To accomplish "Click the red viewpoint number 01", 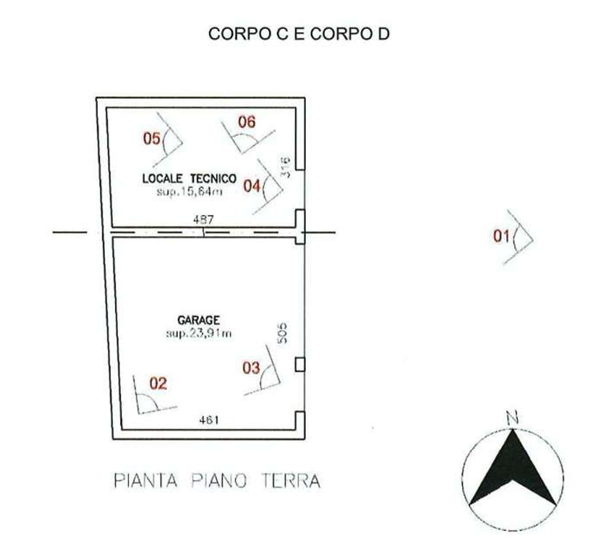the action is tap(502, 236).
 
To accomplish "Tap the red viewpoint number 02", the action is tap(158, 383).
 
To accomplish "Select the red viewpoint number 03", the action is tap(251, 368).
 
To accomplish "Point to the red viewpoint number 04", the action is tap(252, 186).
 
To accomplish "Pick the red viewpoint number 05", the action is tap(151, 138).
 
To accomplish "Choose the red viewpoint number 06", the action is tap(247, 122).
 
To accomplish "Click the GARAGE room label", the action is tap(199, 320).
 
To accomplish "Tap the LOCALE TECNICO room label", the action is tap(189, 179).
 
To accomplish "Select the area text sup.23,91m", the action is tap(199, 333).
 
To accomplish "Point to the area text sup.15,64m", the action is tap(189, 192).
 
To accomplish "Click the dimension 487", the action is tap(203, 219).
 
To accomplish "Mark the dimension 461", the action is tap(209, 420).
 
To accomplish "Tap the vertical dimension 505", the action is tap(283, 333).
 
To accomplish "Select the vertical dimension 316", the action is tap(286, 167).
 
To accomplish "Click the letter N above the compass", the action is tap(512, 418).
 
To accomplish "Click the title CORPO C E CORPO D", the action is tap(299, 33).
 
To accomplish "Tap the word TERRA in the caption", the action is tap(291, 481).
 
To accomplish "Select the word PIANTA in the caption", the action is tap(145, 481).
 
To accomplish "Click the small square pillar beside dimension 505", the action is tap(300, 364).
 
